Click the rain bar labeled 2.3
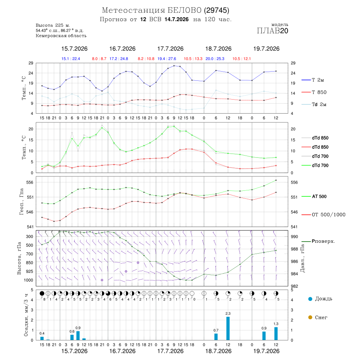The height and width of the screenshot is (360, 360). (x=228, y=328)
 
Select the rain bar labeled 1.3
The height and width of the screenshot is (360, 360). (x=276, y=334)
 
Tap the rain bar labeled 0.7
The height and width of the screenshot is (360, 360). (x=216, y=336)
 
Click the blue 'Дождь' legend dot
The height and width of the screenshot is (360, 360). (x=310, y=299)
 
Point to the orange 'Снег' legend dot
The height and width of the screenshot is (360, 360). (x=310, y=317)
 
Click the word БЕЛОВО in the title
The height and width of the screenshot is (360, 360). (x=184, y=10)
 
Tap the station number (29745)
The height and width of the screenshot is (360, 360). (x=216, y=10)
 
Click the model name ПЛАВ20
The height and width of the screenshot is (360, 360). (x=272, y=31)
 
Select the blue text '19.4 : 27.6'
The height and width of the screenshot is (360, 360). (x=167, y=59)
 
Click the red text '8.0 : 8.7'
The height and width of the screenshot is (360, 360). (x=99, y=59)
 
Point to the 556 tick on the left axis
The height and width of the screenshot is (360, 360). (x=30, y=182)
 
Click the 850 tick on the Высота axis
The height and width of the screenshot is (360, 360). (x=30, y=263)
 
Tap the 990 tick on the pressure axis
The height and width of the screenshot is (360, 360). (x=294, y=237)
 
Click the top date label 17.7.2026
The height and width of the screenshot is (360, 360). (x=170, y=49)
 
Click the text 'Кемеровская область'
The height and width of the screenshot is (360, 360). (x=61, y=36)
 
